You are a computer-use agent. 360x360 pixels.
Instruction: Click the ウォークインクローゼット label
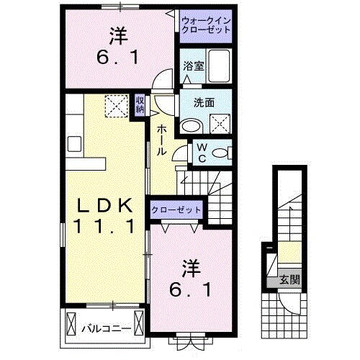coord(206,26)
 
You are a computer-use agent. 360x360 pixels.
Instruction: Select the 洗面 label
coord(204,102)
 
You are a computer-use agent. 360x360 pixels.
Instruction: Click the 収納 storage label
coord(140,106)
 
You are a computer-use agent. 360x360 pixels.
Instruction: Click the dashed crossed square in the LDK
coord(114,106)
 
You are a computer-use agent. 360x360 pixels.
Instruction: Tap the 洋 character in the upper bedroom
coord(119,34)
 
